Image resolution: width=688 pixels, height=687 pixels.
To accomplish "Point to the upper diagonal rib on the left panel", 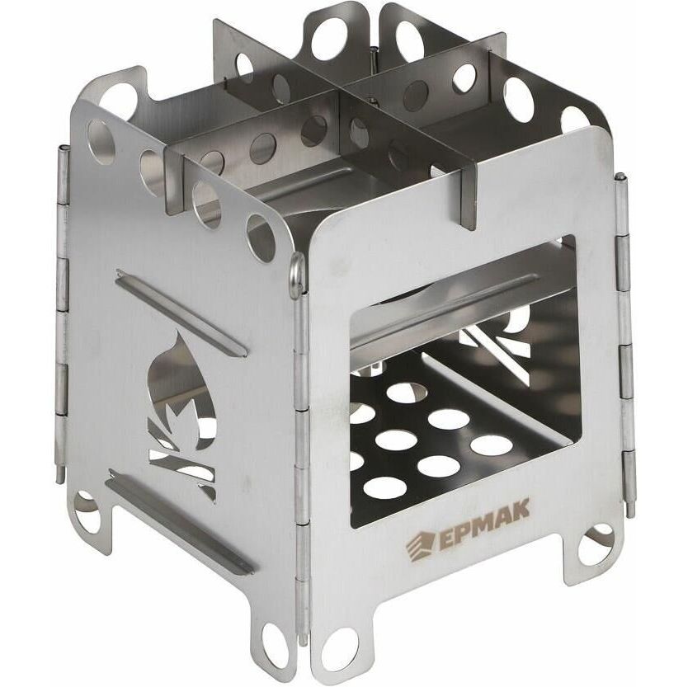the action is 181,313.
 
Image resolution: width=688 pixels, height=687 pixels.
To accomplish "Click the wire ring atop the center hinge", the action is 297,272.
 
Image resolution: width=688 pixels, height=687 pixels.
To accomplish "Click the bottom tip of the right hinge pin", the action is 631,514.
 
